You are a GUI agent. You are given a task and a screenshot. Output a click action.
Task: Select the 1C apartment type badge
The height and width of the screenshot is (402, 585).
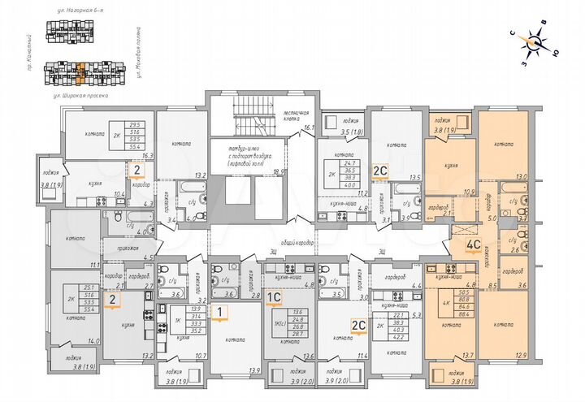tap(274, 298)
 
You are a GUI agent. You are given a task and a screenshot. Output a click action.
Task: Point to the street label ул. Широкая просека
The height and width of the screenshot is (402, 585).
tap(76, 93)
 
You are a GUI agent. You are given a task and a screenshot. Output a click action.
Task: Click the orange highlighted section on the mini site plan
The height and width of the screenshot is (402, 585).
tap(80, 76)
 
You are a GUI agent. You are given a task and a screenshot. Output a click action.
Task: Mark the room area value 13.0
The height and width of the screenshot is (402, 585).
tap(522, 176)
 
